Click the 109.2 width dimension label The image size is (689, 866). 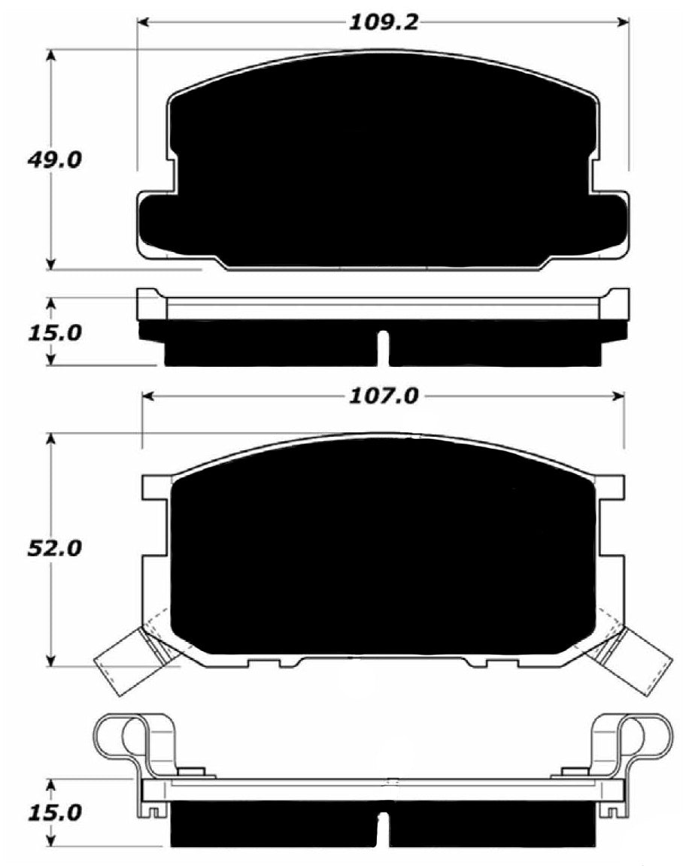[382, 22]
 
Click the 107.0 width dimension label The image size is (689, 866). [382, 396]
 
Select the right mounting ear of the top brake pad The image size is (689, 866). [611, 221]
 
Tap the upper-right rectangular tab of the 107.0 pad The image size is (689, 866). [610, 486]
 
